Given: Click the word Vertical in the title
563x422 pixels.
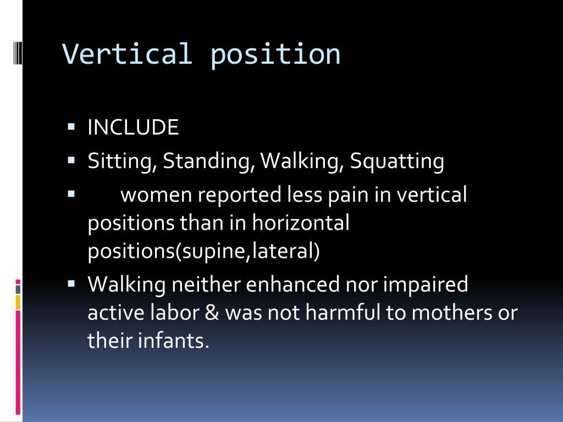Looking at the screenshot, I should pos(127,54).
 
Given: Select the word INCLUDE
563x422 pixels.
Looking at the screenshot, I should pos(133,128).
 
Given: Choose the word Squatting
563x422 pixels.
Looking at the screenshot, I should pos(397,162).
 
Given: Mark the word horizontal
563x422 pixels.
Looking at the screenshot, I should pos(301,224).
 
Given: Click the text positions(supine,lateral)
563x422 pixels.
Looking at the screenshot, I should pos(203,252).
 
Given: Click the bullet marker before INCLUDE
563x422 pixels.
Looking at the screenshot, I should pos(71,127).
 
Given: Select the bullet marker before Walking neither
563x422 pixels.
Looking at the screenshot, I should pos(71,284).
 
